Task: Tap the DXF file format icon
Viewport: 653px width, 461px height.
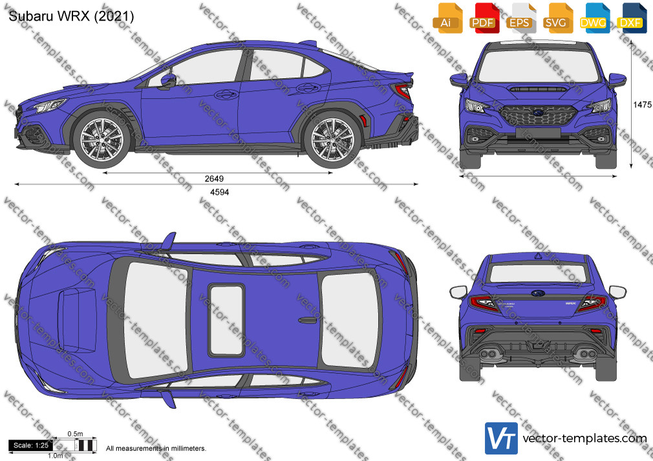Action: [x=632, y=18]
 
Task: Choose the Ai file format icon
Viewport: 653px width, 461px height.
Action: [x=447, y=18]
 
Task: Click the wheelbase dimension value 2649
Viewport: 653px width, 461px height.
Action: [x=214, y=178]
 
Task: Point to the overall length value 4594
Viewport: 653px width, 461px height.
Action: [x=219, y=192]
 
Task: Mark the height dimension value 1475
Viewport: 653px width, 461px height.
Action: [x=642, y=105]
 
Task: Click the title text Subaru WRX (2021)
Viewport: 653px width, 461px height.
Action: [x=71, y=16]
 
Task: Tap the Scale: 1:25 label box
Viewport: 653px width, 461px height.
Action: [x=31, y=446]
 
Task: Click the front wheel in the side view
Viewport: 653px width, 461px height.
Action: [x=102, y=139]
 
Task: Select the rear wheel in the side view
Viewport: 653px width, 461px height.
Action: [x=332, y=139]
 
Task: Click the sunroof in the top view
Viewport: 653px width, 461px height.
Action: [x=226, y=320]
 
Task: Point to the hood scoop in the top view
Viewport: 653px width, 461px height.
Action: [x=78, y=320]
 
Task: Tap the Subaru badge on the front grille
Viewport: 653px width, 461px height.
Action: [x=537, y=112]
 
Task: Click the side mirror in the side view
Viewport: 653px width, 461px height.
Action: [x=167, y=80]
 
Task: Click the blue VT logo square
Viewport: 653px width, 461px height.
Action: [x=502, y=438]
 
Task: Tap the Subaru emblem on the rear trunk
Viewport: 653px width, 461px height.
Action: [x=538, y=293]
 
